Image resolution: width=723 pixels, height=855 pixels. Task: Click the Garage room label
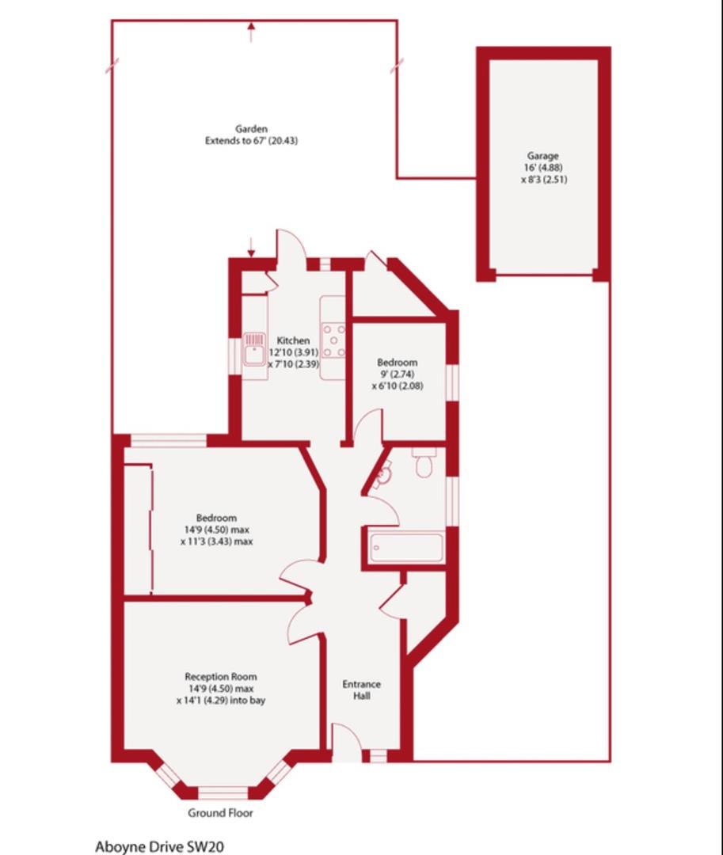point(543,156)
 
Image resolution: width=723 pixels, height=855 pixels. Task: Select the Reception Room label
point(220,677)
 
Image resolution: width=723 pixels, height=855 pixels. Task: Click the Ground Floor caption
point(220,813)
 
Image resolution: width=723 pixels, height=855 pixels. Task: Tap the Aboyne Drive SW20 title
point(159,846)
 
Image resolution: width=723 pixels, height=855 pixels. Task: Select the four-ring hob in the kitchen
point(333,341)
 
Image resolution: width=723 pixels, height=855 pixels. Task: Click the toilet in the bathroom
point(424,464)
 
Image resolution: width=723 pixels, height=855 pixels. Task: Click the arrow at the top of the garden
point(252,32)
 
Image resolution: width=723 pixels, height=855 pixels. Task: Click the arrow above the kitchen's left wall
point(251,246)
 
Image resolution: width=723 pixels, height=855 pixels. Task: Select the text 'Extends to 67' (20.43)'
point(251,141)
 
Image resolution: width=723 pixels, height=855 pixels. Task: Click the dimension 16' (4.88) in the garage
point(543,168)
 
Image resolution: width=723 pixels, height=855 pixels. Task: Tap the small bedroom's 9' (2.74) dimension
point(397,374)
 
